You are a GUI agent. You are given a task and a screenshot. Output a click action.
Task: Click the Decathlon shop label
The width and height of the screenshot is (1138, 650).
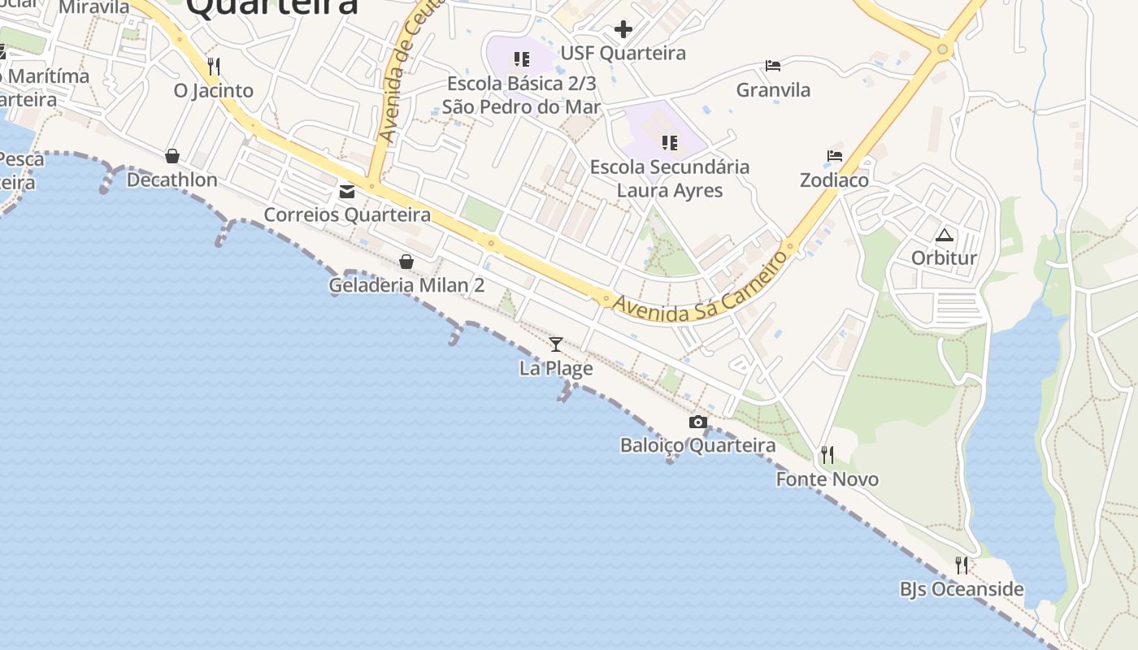(172, 180)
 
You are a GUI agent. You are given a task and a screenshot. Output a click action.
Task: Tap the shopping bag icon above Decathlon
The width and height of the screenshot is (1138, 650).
(172, 156)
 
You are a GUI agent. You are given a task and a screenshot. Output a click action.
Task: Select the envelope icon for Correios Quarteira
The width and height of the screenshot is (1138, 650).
(348, 192)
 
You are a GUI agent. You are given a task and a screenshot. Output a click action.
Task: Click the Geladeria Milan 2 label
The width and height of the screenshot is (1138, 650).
(406, 285)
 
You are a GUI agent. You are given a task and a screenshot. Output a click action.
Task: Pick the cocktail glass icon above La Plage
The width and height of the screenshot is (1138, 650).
(556, 344)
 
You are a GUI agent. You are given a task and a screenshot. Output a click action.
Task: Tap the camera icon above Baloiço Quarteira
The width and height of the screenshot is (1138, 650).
(697, 422)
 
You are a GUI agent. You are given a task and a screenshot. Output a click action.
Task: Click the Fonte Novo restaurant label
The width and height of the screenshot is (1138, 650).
(827, 479)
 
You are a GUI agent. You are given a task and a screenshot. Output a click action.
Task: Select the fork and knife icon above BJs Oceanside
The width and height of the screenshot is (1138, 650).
(962, 565)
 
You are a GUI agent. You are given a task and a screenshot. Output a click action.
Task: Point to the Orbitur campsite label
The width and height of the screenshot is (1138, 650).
(944, 258)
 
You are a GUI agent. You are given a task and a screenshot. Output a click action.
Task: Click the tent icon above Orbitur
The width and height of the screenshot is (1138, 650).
(944, 236)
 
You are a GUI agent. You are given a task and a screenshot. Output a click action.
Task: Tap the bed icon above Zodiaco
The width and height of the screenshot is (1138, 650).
(835, 156)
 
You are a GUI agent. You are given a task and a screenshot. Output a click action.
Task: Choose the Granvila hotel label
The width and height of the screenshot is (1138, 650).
(773, 89)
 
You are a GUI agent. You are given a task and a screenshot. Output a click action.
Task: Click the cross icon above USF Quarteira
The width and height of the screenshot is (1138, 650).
(623, 30)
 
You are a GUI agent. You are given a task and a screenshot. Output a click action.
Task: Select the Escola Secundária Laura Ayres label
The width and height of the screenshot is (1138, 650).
(670, 179)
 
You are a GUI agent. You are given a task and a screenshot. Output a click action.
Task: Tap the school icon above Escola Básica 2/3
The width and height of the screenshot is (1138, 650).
(522, 59)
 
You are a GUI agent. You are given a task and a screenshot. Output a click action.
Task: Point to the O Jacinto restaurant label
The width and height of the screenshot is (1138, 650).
(214, 90)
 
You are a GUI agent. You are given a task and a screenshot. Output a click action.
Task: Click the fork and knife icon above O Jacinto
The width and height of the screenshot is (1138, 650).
(214, 66)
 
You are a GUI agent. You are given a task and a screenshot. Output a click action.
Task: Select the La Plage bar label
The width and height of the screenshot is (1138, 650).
(556, 368)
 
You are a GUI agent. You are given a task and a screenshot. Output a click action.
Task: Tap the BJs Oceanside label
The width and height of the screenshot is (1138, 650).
(962, 589)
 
